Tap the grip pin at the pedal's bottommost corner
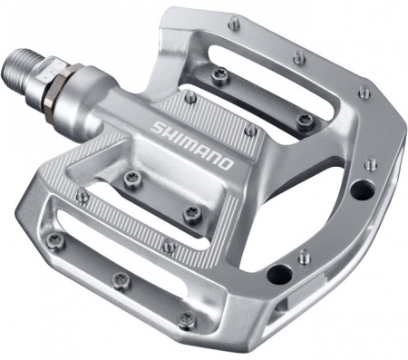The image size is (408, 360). [186, 320]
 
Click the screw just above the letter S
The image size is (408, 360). [189, 97]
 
